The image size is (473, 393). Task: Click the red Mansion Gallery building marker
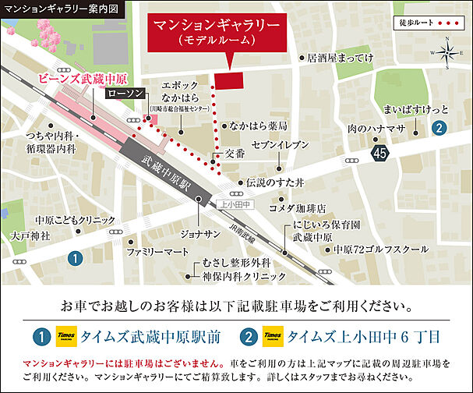point(228,80)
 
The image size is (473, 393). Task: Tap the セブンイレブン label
point(281,145)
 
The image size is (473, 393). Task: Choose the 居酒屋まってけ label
point(341,58)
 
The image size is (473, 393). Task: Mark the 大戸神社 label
point(30,234)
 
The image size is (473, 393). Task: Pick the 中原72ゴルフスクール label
point(381,250)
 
